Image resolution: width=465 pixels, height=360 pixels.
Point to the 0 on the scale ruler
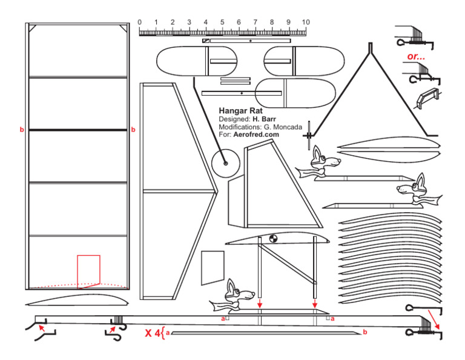tap(140, 22)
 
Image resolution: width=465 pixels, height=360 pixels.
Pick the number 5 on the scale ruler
tap(222, 22)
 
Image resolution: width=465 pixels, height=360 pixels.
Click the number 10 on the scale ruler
tap(305, 22)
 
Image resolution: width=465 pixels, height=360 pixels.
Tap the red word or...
tap(415, 56)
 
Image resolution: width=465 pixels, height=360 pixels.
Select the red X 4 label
tap(153, 332)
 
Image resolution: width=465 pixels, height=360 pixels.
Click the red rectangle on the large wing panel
tap(88, 269)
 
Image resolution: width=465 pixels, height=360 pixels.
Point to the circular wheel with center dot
tap(225, 162)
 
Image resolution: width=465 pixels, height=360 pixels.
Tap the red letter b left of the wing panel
tap(22, 130)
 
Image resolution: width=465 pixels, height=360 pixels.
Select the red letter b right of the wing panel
tap(133, 130)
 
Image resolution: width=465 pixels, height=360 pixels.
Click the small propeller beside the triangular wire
tap(309, 135)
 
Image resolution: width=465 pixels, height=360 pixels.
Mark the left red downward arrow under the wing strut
tap(259, 302)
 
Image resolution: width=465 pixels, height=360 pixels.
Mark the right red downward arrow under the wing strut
tap(314, 302)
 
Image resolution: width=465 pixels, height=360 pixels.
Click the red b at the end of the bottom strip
tap(364, 332)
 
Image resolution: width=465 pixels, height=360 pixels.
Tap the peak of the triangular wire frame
tap(371, 45)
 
